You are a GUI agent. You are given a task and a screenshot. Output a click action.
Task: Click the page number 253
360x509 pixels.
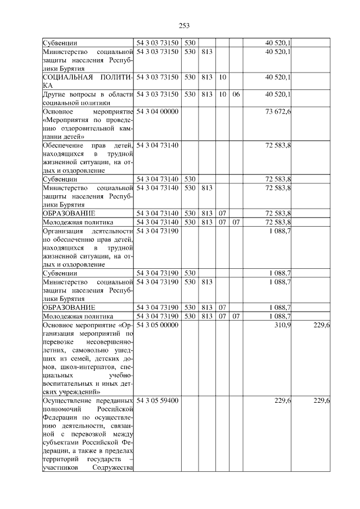pyautogui.click(x=183, y=25)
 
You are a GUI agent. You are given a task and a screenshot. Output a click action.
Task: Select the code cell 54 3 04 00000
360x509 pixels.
pyautogui.click(x=157, y=111)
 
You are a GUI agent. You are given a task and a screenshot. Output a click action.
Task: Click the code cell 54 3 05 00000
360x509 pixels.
pyautogui.click(x=157, y=326)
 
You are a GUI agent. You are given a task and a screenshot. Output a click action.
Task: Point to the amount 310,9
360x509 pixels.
pyautogui.click(x=282, y=326)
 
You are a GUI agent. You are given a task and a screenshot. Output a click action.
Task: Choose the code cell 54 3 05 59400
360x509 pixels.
pyautogui.click(x=157, y=400)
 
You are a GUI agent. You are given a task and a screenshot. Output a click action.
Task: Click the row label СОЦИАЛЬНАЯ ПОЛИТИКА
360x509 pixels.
pyautogui.click(x=87, y=81)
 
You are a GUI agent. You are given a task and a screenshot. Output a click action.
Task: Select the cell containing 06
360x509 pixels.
pyautogui.click(x=236, y=94)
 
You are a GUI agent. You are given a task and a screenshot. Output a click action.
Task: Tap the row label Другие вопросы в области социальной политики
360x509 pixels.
pyautogui.click(x=87, y=98)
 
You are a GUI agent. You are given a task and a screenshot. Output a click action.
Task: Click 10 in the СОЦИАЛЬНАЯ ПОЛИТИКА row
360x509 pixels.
pyautogui.click(x=222, y=77)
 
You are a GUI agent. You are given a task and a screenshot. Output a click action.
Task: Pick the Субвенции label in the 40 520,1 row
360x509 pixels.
pyautogui.click(x=60, y=43)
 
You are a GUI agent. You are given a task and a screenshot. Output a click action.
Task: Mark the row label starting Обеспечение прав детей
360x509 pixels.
pyautogui.click(x=87, y=157)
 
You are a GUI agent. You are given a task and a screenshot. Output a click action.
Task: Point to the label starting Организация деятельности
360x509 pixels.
pyautogui.click(x=87, y=247)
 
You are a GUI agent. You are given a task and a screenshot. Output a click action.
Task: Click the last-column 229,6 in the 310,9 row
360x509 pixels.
pyautogui.click(x=321, y=326)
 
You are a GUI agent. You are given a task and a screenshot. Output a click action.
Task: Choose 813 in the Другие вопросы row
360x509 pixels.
pyautogui.click(x=206, y=94)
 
